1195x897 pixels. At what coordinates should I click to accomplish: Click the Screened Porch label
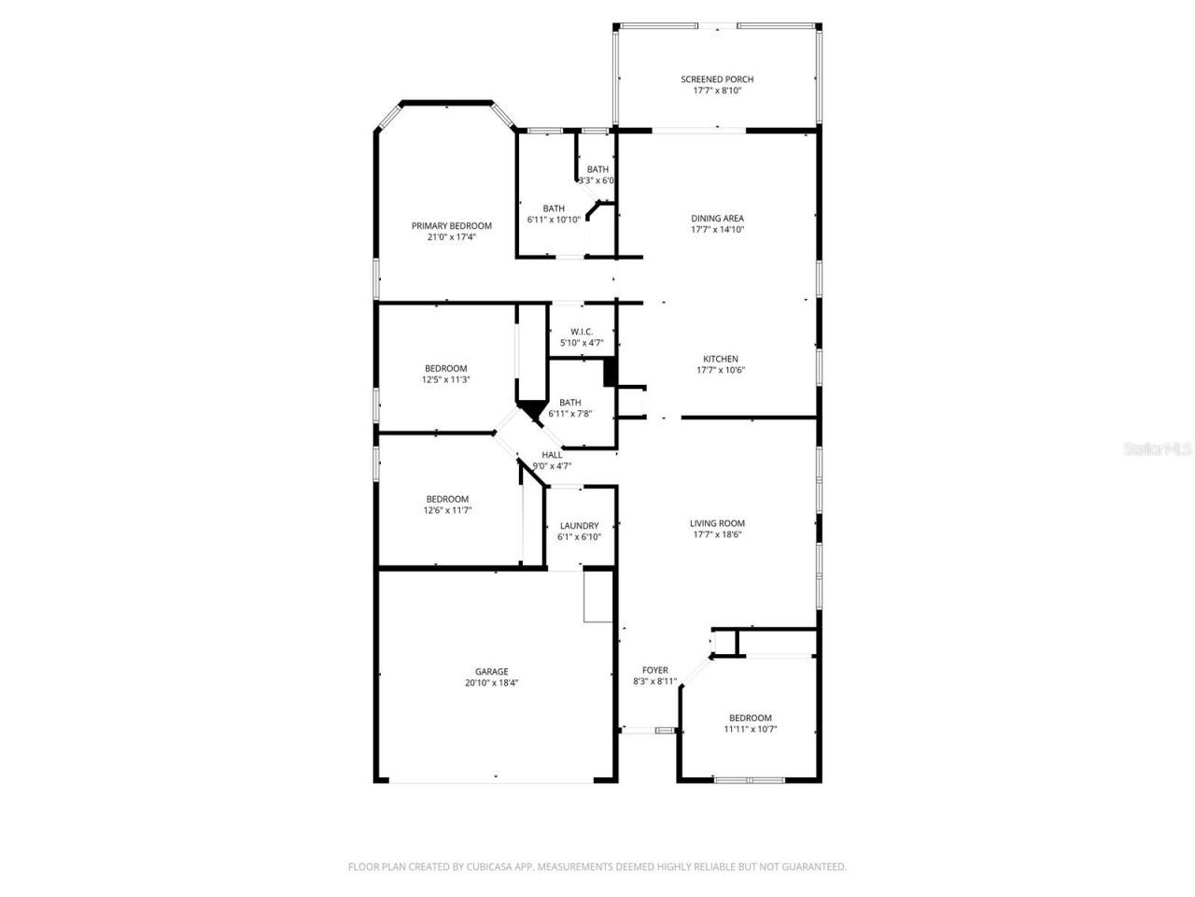point(716,79)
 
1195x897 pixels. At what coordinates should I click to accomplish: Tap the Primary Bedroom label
point(451,226)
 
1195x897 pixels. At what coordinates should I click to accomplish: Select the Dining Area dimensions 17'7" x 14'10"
point(717,230)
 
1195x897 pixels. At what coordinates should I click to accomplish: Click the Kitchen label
point(720,359)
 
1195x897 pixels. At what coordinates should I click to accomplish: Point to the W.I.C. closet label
point(582,332)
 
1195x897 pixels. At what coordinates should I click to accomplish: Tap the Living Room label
point(717,524)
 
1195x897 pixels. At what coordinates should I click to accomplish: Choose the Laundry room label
point(579,526)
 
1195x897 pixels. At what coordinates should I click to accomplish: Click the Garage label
point(491,671)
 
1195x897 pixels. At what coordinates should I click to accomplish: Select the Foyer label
point(654,670)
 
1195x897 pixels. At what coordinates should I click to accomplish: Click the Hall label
point(552,455)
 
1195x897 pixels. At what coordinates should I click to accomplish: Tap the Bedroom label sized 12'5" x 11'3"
point(445,368)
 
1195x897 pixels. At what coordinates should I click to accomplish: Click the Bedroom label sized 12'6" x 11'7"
point(447,499)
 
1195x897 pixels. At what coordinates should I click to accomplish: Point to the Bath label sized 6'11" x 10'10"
point(554,208)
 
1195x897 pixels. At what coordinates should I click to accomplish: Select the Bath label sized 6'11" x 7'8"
point(569,403)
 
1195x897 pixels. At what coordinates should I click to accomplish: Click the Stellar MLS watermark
point(1158,449)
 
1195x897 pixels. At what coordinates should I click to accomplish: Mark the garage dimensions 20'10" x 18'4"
point(491,683)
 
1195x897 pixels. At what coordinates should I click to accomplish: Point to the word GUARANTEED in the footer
point(812,867)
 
